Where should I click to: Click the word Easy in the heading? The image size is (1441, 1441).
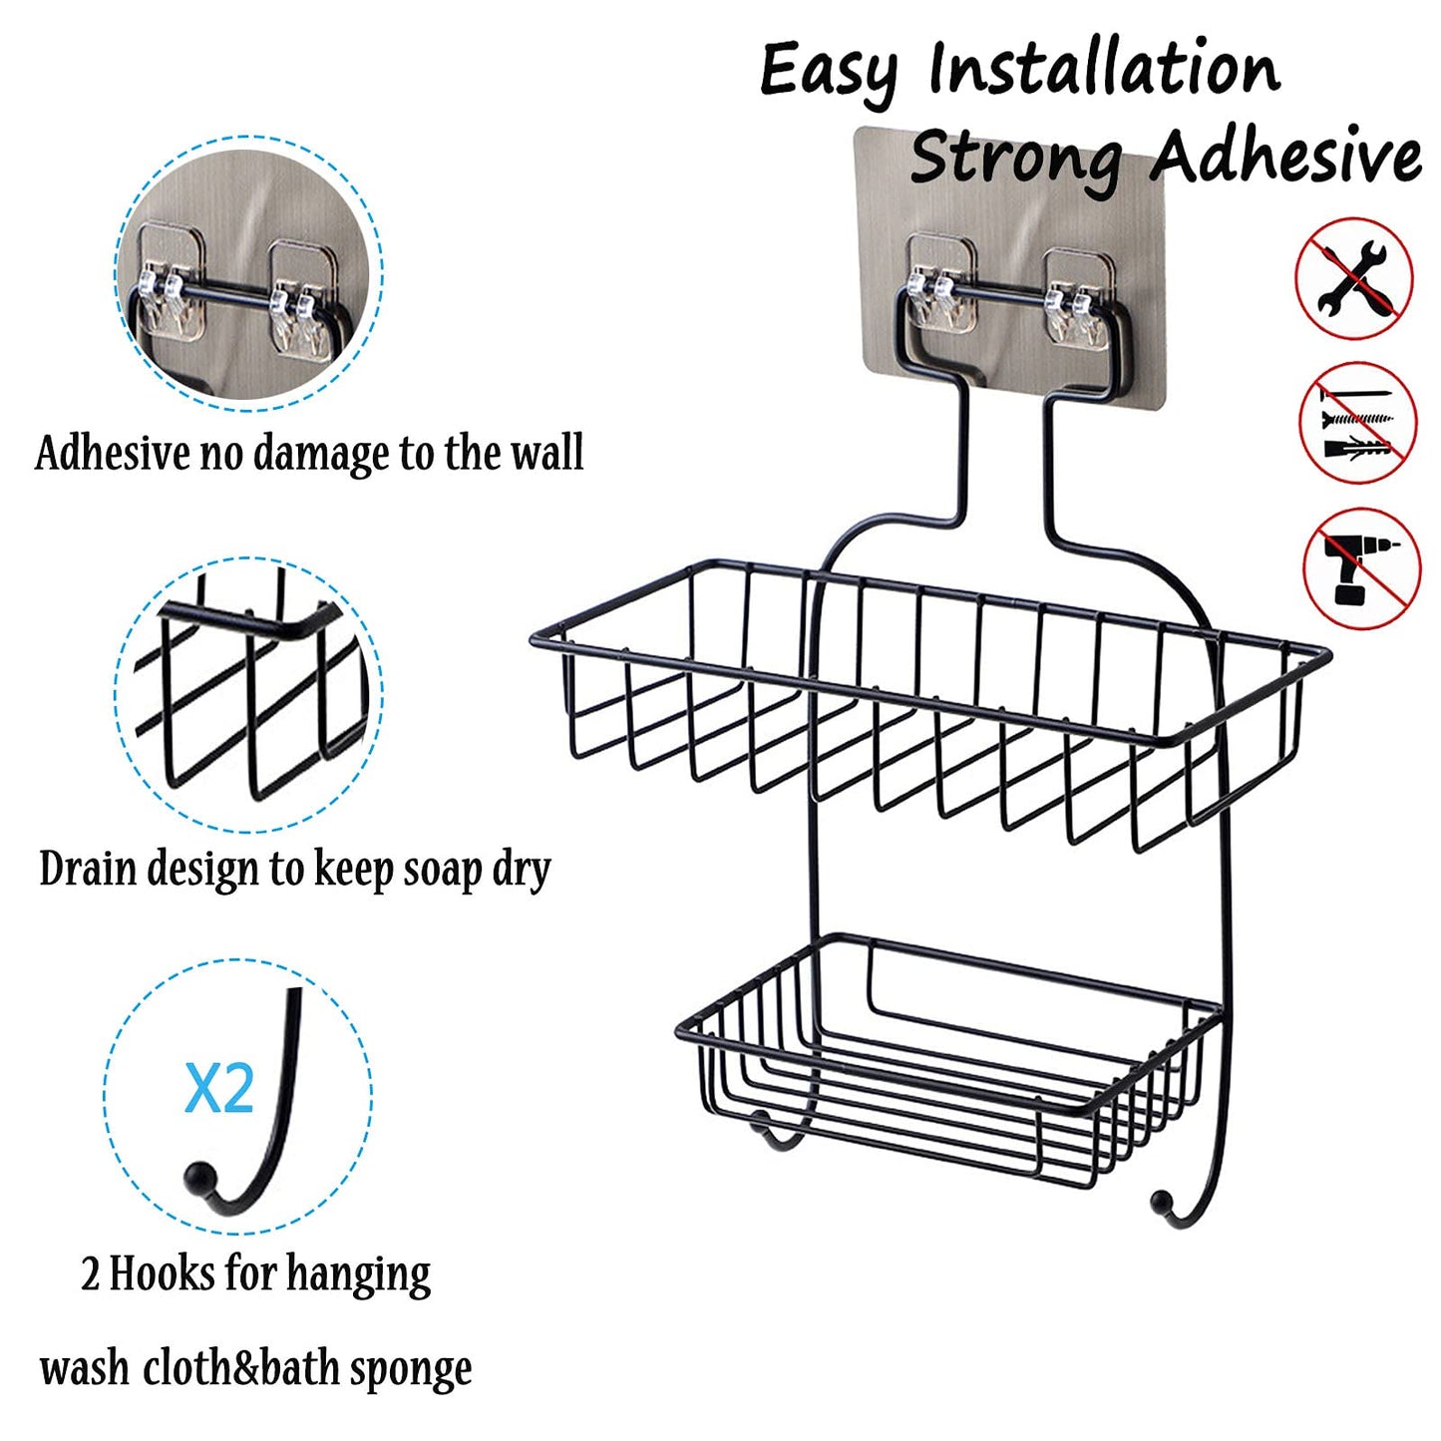tap(827, 72)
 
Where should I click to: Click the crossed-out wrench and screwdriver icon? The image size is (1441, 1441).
tap(1353, 279)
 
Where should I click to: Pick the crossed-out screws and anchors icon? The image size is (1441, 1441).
tap(1357, 423)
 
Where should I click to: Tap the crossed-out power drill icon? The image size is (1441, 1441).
tap(1361, 568)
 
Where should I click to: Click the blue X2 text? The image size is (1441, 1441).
tap(219, 1088)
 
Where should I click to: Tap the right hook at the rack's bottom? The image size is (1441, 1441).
tap(1167, 1204)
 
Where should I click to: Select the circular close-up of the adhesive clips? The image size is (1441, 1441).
tap(249, 271)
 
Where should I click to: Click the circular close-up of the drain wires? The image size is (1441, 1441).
tap(249, 694)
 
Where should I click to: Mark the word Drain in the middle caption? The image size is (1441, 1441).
tap(88, 869)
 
